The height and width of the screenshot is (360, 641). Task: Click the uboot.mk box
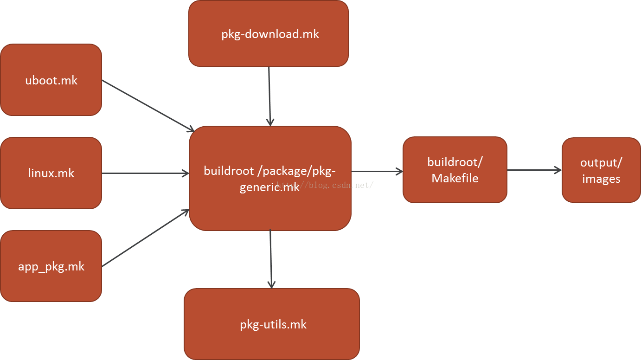51,80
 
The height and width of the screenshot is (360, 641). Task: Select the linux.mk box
51,173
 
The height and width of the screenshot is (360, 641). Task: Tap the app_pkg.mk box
51,266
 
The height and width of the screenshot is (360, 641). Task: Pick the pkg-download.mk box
268,33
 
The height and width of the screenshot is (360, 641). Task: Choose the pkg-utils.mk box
272,324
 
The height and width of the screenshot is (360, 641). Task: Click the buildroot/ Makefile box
455,170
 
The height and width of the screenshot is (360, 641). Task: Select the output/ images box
601,170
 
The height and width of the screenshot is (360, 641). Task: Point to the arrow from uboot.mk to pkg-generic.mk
147,105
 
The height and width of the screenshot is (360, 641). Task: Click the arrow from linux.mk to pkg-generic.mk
145,174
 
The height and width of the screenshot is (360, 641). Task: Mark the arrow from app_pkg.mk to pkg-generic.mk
146,238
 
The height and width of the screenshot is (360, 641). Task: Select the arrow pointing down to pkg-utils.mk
271,259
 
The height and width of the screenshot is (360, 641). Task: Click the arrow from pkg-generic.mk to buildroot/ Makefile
377,172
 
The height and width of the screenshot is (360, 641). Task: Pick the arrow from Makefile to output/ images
534,170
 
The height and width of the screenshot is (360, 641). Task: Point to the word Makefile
455,178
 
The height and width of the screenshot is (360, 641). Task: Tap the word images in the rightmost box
601,179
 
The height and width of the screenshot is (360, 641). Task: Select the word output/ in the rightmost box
601,162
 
